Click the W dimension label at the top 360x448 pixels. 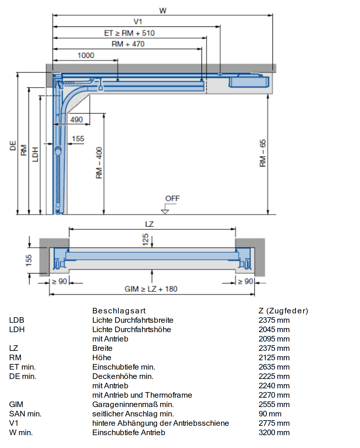[x=163, y=11]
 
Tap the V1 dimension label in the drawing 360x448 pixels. [x=138, y=21]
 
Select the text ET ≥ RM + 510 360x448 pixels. [x=129, y=33]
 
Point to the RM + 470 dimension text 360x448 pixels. [x=128, y=44]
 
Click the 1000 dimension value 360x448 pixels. [x=86, y=55]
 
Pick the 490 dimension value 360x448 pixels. [x=76, y=119]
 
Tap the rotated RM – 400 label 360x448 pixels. [x=99, y=163]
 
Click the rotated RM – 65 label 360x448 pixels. [x=263, y=153]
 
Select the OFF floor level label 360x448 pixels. [x=173, y=198]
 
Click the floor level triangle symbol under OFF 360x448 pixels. [x=165, y=212]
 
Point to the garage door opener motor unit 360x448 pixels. [x=249, y=81]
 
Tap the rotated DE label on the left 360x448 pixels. [x=13, y=145]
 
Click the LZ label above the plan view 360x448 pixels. [x=149, y=224]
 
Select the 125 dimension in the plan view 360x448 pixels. [x=145, y=240]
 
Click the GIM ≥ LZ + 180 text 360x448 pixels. [x=151, y=289]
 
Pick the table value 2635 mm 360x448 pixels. [x=274, y=367]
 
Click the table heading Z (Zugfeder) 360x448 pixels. [x=283, y=311]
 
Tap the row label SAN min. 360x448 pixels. [x=25, y=414]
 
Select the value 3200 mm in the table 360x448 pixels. [x=274, y=432]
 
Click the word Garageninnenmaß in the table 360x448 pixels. [x=125, y=404]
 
